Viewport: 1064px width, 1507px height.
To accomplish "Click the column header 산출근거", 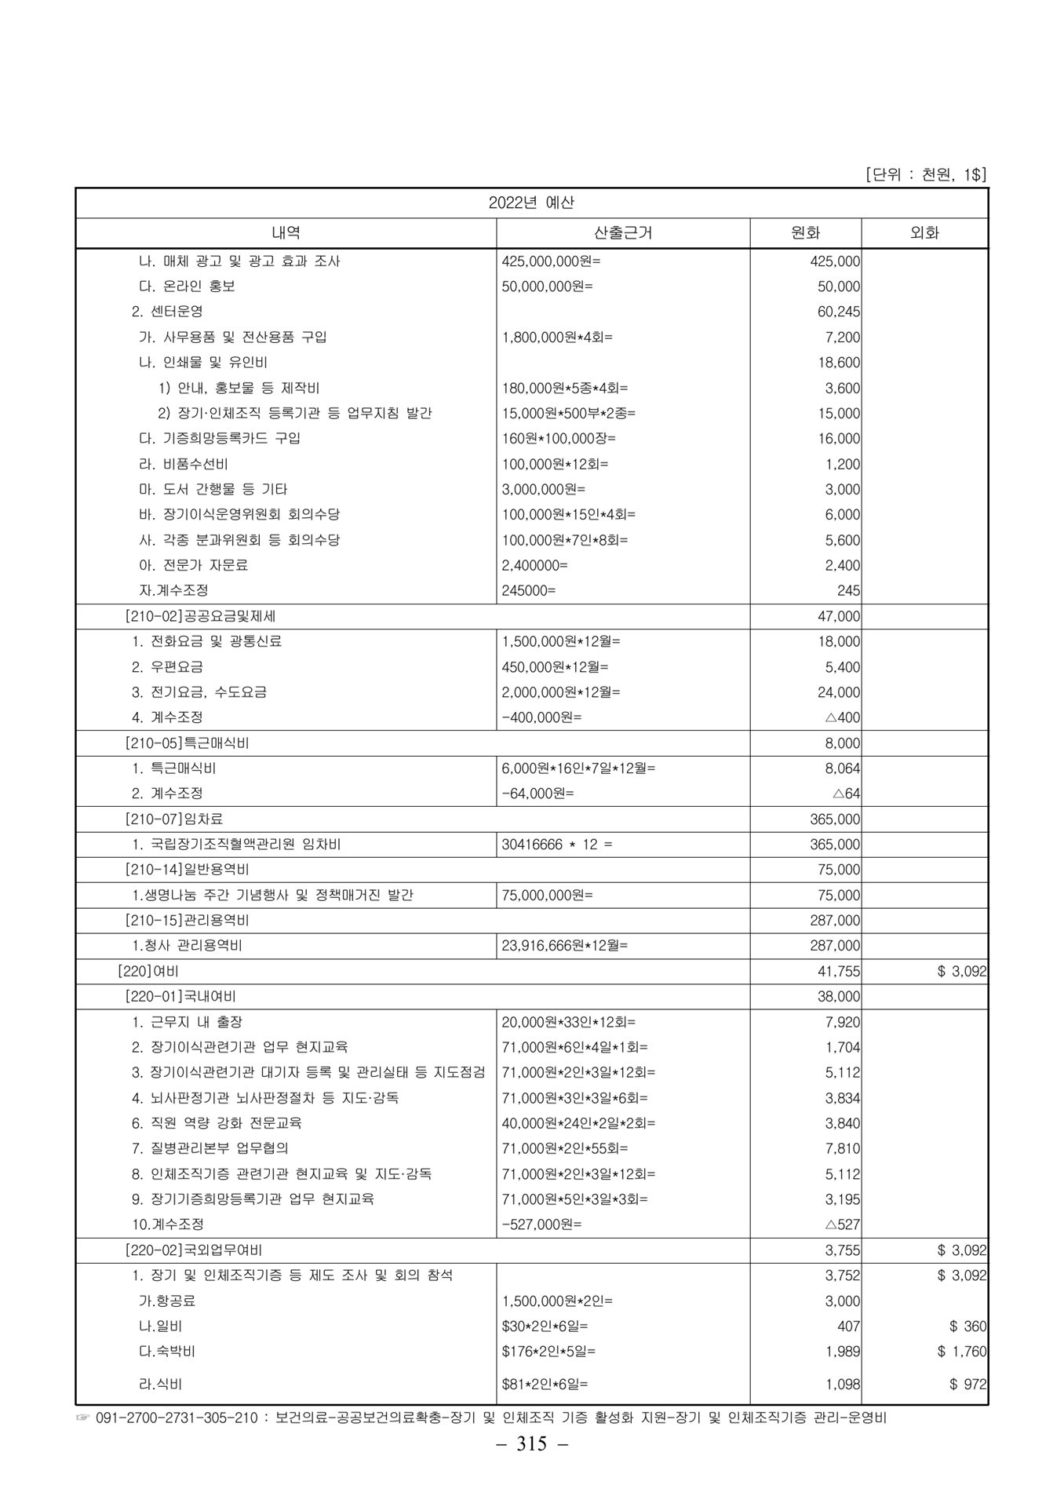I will click(623, 232).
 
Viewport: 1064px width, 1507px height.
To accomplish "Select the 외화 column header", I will click(924, 232).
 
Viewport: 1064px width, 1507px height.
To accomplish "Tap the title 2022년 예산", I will click(531, 203).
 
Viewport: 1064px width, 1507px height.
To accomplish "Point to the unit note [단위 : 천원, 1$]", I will click(926, 174).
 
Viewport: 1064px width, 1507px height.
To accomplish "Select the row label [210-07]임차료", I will click(174, 819).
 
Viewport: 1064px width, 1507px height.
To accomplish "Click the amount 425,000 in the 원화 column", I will click(835, 261).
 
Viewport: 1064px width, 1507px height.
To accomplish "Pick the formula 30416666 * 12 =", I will click(557, 845).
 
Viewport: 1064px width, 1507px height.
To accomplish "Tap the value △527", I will click(843, 1224).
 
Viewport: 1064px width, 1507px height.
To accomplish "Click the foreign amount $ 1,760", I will click(962, 1352).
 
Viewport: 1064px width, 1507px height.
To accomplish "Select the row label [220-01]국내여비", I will click(180, 997).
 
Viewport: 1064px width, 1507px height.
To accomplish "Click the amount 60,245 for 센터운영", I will click(838, 312).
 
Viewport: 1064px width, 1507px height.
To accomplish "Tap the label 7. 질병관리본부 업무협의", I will click(210, 1148).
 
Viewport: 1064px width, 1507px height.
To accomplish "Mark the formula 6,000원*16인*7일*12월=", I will click(578, 768).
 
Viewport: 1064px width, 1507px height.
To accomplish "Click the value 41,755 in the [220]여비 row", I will click(838, 972).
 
